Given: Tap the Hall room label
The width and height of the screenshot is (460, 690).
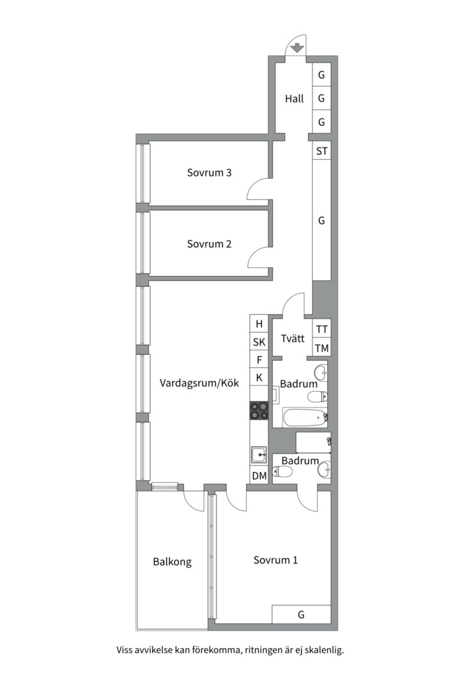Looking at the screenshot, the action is click(x=294, y=98).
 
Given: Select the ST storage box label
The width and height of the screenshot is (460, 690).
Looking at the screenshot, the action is click(x=322, y=151).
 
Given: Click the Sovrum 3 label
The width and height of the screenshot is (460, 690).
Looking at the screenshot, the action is click(x=209, y=172).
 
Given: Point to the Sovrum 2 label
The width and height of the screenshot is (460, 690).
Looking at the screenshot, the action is click(x=209, y=244).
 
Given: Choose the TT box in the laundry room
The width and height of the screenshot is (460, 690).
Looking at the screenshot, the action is click(x=322, y=329).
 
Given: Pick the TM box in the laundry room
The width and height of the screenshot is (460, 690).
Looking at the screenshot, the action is click(x=322, y=348).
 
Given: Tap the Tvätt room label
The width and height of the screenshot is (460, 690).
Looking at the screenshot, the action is click(x=293, y=339).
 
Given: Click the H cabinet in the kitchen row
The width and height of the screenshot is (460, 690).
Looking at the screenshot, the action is click(x=259, y=324).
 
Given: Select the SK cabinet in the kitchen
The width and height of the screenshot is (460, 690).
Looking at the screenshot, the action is click(x=259, y=342).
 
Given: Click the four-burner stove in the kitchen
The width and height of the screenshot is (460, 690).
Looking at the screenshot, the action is click(x=259, y=411).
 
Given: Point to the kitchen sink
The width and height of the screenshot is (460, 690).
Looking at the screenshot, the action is click(x=259, y=455).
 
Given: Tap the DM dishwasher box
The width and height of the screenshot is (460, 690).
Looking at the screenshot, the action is click(x=259, y=476).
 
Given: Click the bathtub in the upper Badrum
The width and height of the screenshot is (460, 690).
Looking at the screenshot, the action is click(x=305, y=418).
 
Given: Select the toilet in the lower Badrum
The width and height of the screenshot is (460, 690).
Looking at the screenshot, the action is click(x=283, y=472).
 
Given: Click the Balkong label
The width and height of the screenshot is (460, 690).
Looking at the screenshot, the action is click(x=172, y=562).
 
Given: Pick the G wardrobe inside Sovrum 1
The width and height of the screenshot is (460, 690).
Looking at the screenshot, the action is click(x=301, y=615).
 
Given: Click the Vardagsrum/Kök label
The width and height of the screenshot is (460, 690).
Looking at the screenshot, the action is click(x=199, y=383).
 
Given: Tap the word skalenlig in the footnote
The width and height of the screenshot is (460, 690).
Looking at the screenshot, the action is click(x=325, y=650).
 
